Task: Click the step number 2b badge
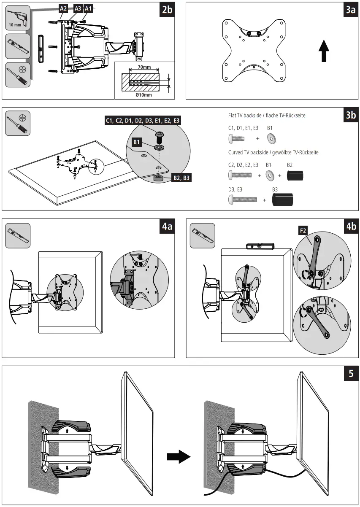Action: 167,10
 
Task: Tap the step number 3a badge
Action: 350,10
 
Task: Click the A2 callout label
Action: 63,8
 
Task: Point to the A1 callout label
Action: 88,8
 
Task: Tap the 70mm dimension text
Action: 144,67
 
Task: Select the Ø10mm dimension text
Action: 143,94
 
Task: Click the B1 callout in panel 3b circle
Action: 136,143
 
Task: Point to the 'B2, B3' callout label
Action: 181,178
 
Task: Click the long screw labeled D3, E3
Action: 243,200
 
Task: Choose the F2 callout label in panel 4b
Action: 303,231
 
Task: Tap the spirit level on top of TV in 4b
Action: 259,245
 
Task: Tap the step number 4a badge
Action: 167,227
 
